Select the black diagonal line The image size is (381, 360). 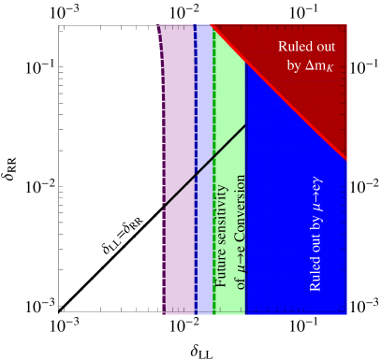click(x=220, y=151)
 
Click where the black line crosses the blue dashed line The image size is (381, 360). click(x=196, y=175)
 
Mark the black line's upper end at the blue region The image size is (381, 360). click(x=245, y=125)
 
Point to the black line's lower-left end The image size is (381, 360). click(x=164, y=205)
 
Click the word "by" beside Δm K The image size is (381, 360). click(x=292, y=66)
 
